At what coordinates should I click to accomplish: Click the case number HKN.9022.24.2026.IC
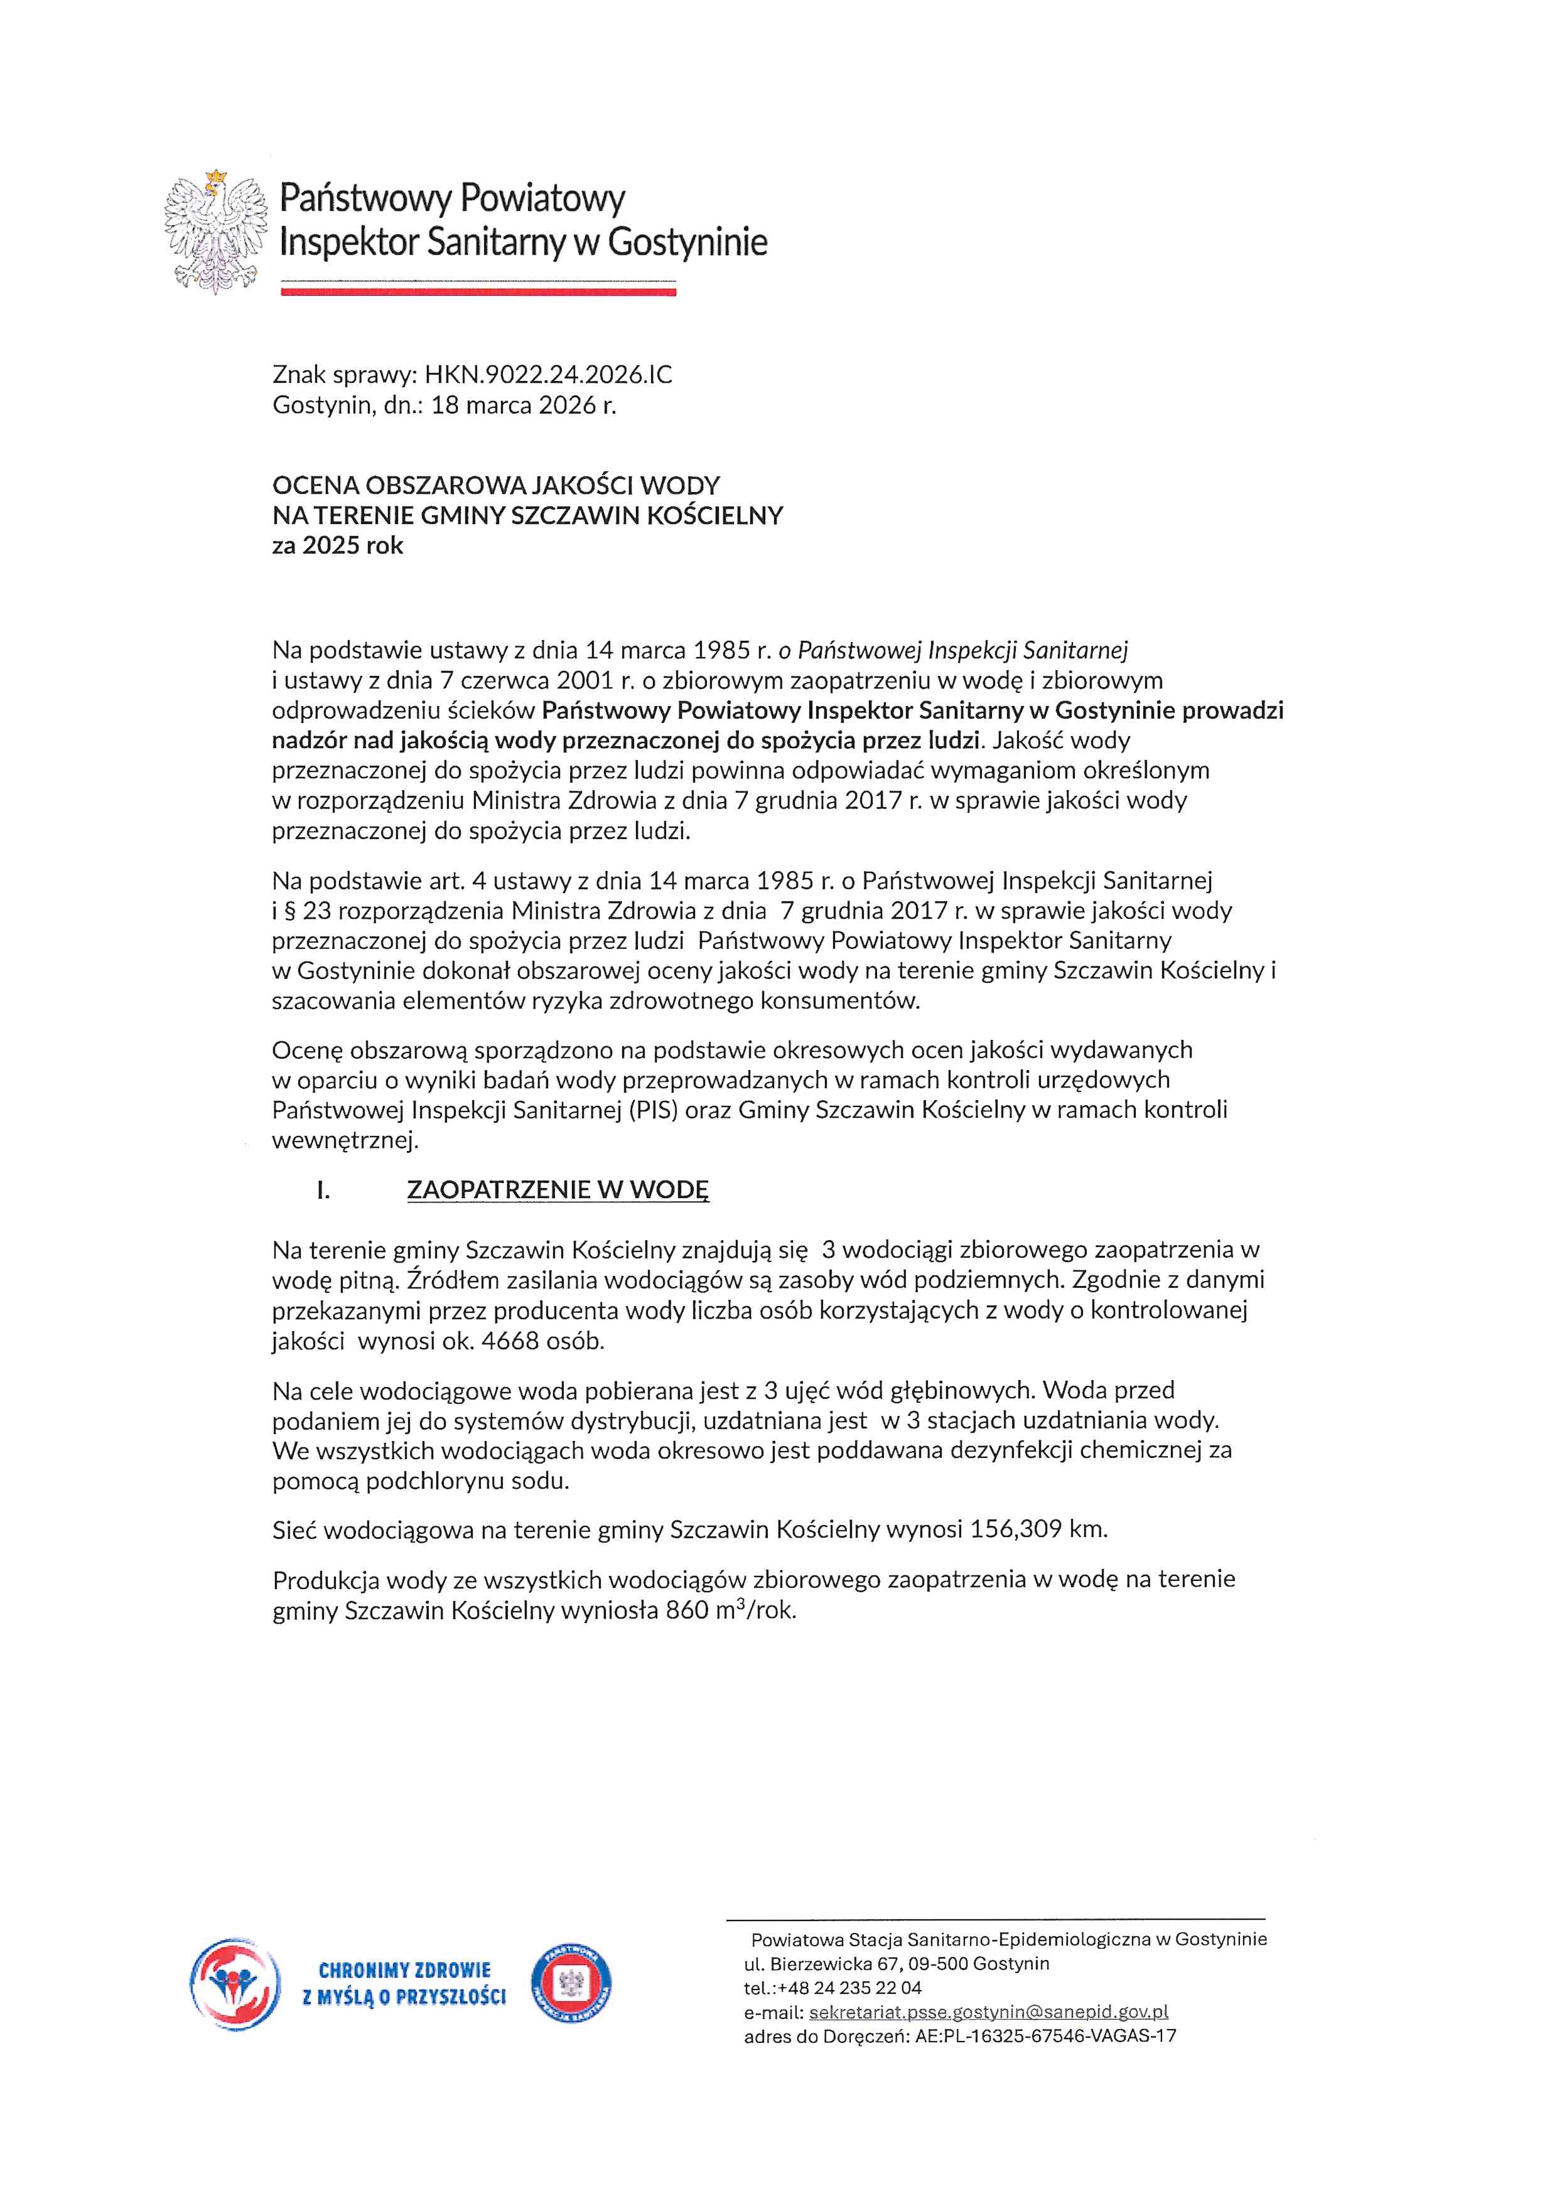548,375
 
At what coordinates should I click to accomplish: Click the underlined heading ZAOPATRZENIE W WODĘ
558,1190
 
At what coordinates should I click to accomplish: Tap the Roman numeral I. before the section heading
323,1190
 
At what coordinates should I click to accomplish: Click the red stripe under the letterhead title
477,291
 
